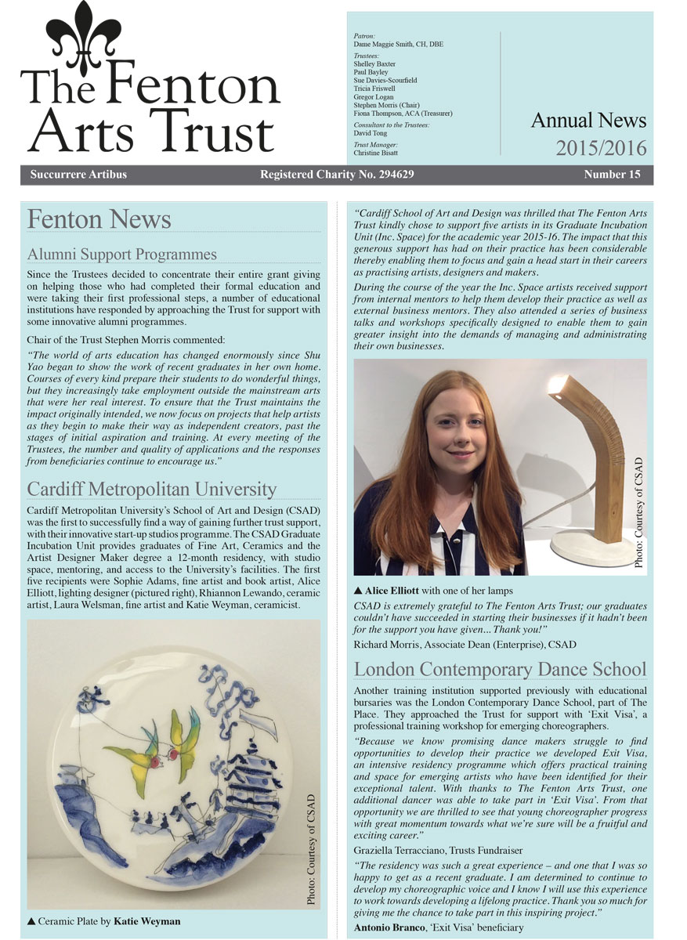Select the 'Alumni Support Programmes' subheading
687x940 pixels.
pos(121,254)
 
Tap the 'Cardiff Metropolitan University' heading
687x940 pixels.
pos(151,489)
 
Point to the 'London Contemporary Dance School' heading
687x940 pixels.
pos(500,669)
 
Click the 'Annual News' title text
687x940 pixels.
pos(588,120)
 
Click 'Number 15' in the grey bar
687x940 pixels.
pos(612,174)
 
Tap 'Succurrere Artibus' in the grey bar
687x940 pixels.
pos(78,174)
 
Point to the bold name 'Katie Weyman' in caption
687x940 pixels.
pos(147,921)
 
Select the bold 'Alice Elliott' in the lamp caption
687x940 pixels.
pos(396,591)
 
